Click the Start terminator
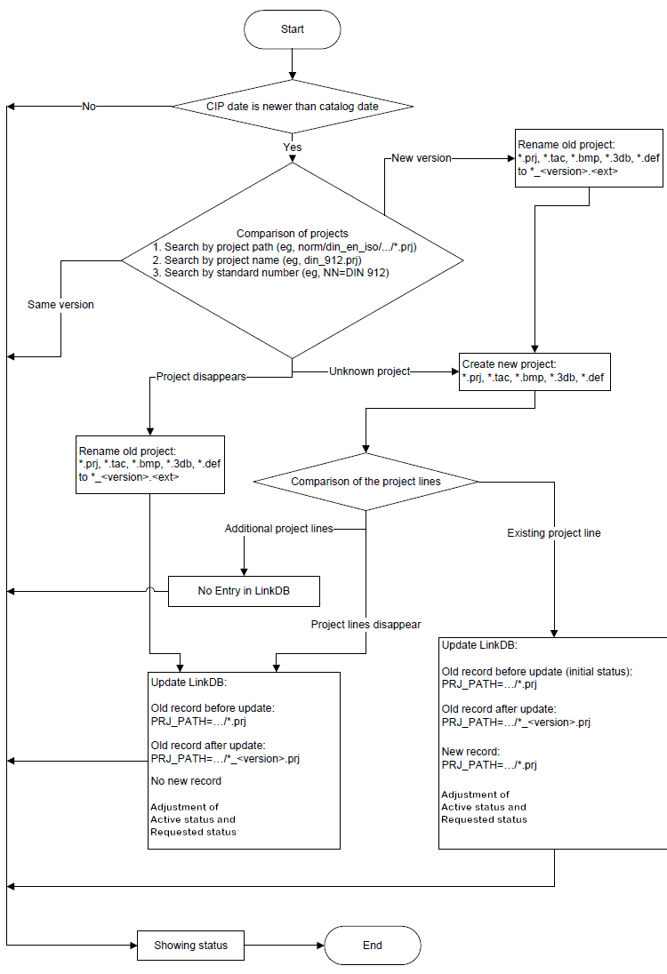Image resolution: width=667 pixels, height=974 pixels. [x=292, y=29]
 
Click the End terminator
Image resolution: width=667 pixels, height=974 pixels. [x=372, y=945]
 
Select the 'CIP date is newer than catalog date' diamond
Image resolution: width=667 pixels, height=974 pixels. [x=292, y=107]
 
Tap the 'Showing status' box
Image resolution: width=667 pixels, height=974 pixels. [x=190, y=945]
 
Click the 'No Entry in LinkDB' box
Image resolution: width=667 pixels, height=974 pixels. [x=243, y=591]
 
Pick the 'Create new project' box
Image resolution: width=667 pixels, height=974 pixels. [x=534, y=371]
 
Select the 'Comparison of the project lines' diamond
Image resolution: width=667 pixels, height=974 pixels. [x=366, y=482]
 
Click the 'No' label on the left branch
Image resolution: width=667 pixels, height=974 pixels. [x=89, y=107]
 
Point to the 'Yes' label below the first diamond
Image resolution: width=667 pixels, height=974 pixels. [x=292, y=148]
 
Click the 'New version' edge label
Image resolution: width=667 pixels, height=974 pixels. [x=422, y=158]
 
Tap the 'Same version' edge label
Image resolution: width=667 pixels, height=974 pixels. [x=60, y=305]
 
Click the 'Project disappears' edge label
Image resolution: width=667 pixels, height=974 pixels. [x=200, y=376]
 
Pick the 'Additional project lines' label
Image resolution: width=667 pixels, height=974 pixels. [x=278, y=529]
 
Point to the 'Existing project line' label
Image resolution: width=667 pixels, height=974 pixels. [x=553, y=533]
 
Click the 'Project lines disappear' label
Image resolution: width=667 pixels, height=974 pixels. [x=366, y=625]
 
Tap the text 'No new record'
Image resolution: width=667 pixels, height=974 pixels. [x=186, y=781]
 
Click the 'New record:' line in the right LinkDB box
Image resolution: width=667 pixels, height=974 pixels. [x=470, y=752]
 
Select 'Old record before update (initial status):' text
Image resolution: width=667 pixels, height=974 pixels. [x=536, y=671]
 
